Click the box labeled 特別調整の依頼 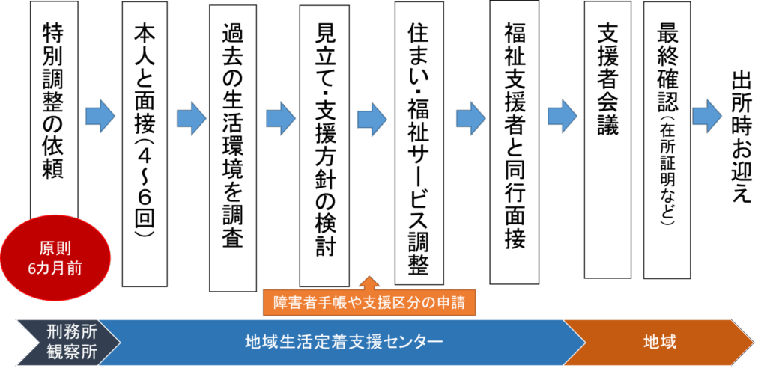[x=54, y=112]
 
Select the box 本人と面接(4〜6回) [x=145, y=142]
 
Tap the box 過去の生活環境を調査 [x=232, y=146]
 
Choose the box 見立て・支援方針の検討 [x=323, y=146]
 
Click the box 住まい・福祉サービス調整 [x=419, y=142]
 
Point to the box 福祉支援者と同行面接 [x=514, y=142]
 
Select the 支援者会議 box [x=607, y=138]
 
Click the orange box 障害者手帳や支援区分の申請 [x=369, y=303]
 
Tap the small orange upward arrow [x=368, y=283]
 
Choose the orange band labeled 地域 [x=659, y=343]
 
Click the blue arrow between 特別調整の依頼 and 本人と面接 [x=100, y=116]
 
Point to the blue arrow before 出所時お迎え [x=706, y=116]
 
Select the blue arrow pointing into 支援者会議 [x=562, y=116]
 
